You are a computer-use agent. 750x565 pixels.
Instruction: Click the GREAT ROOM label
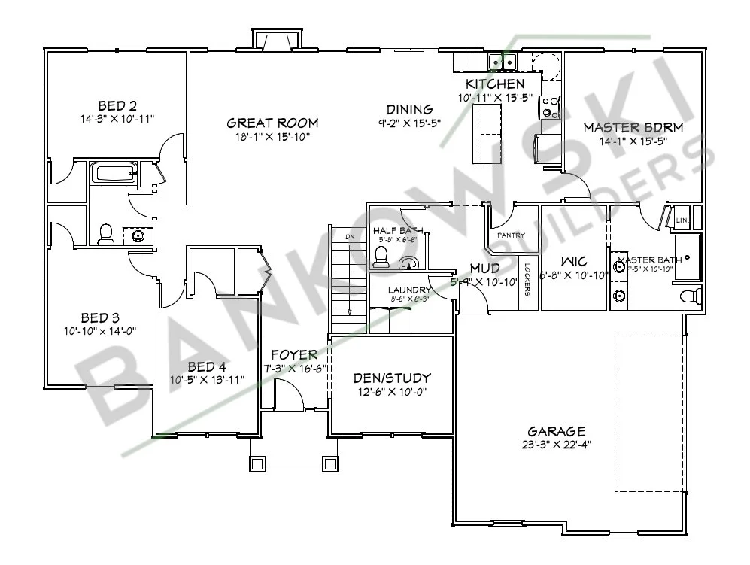coord(272,123)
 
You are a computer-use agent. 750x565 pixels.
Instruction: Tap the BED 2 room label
coord(117,105)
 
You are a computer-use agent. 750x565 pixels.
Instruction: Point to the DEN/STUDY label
coord(392,378)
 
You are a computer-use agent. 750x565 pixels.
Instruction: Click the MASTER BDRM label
coord(633,127)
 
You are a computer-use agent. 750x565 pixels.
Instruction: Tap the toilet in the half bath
coord(380,257)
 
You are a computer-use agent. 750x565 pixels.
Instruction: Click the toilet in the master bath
coord(690,294)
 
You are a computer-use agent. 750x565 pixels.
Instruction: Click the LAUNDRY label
coord(408,290)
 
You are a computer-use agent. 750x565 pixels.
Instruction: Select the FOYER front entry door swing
coord(288,394)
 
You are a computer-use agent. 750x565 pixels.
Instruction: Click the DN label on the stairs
coord(349,237)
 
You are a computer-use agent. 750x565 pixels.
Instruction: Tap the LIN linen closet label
coord(682,220)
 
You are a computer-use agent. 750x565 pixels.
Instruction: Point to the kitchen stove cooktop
coord(550,108)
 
